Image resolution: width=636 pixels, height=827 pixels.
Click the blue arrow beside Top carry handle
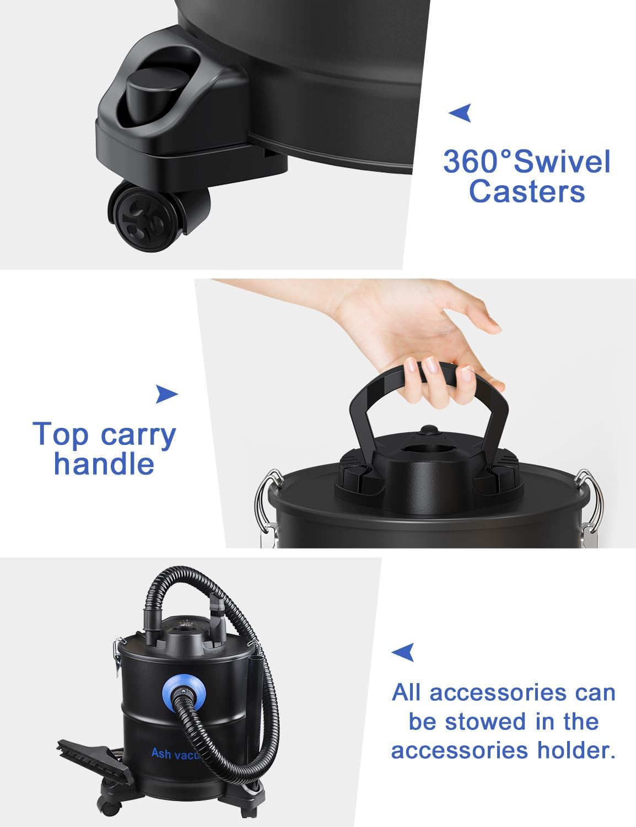click(166, 394)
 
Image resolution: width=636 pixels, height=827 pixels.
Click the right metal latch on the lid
click(591, 504)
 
